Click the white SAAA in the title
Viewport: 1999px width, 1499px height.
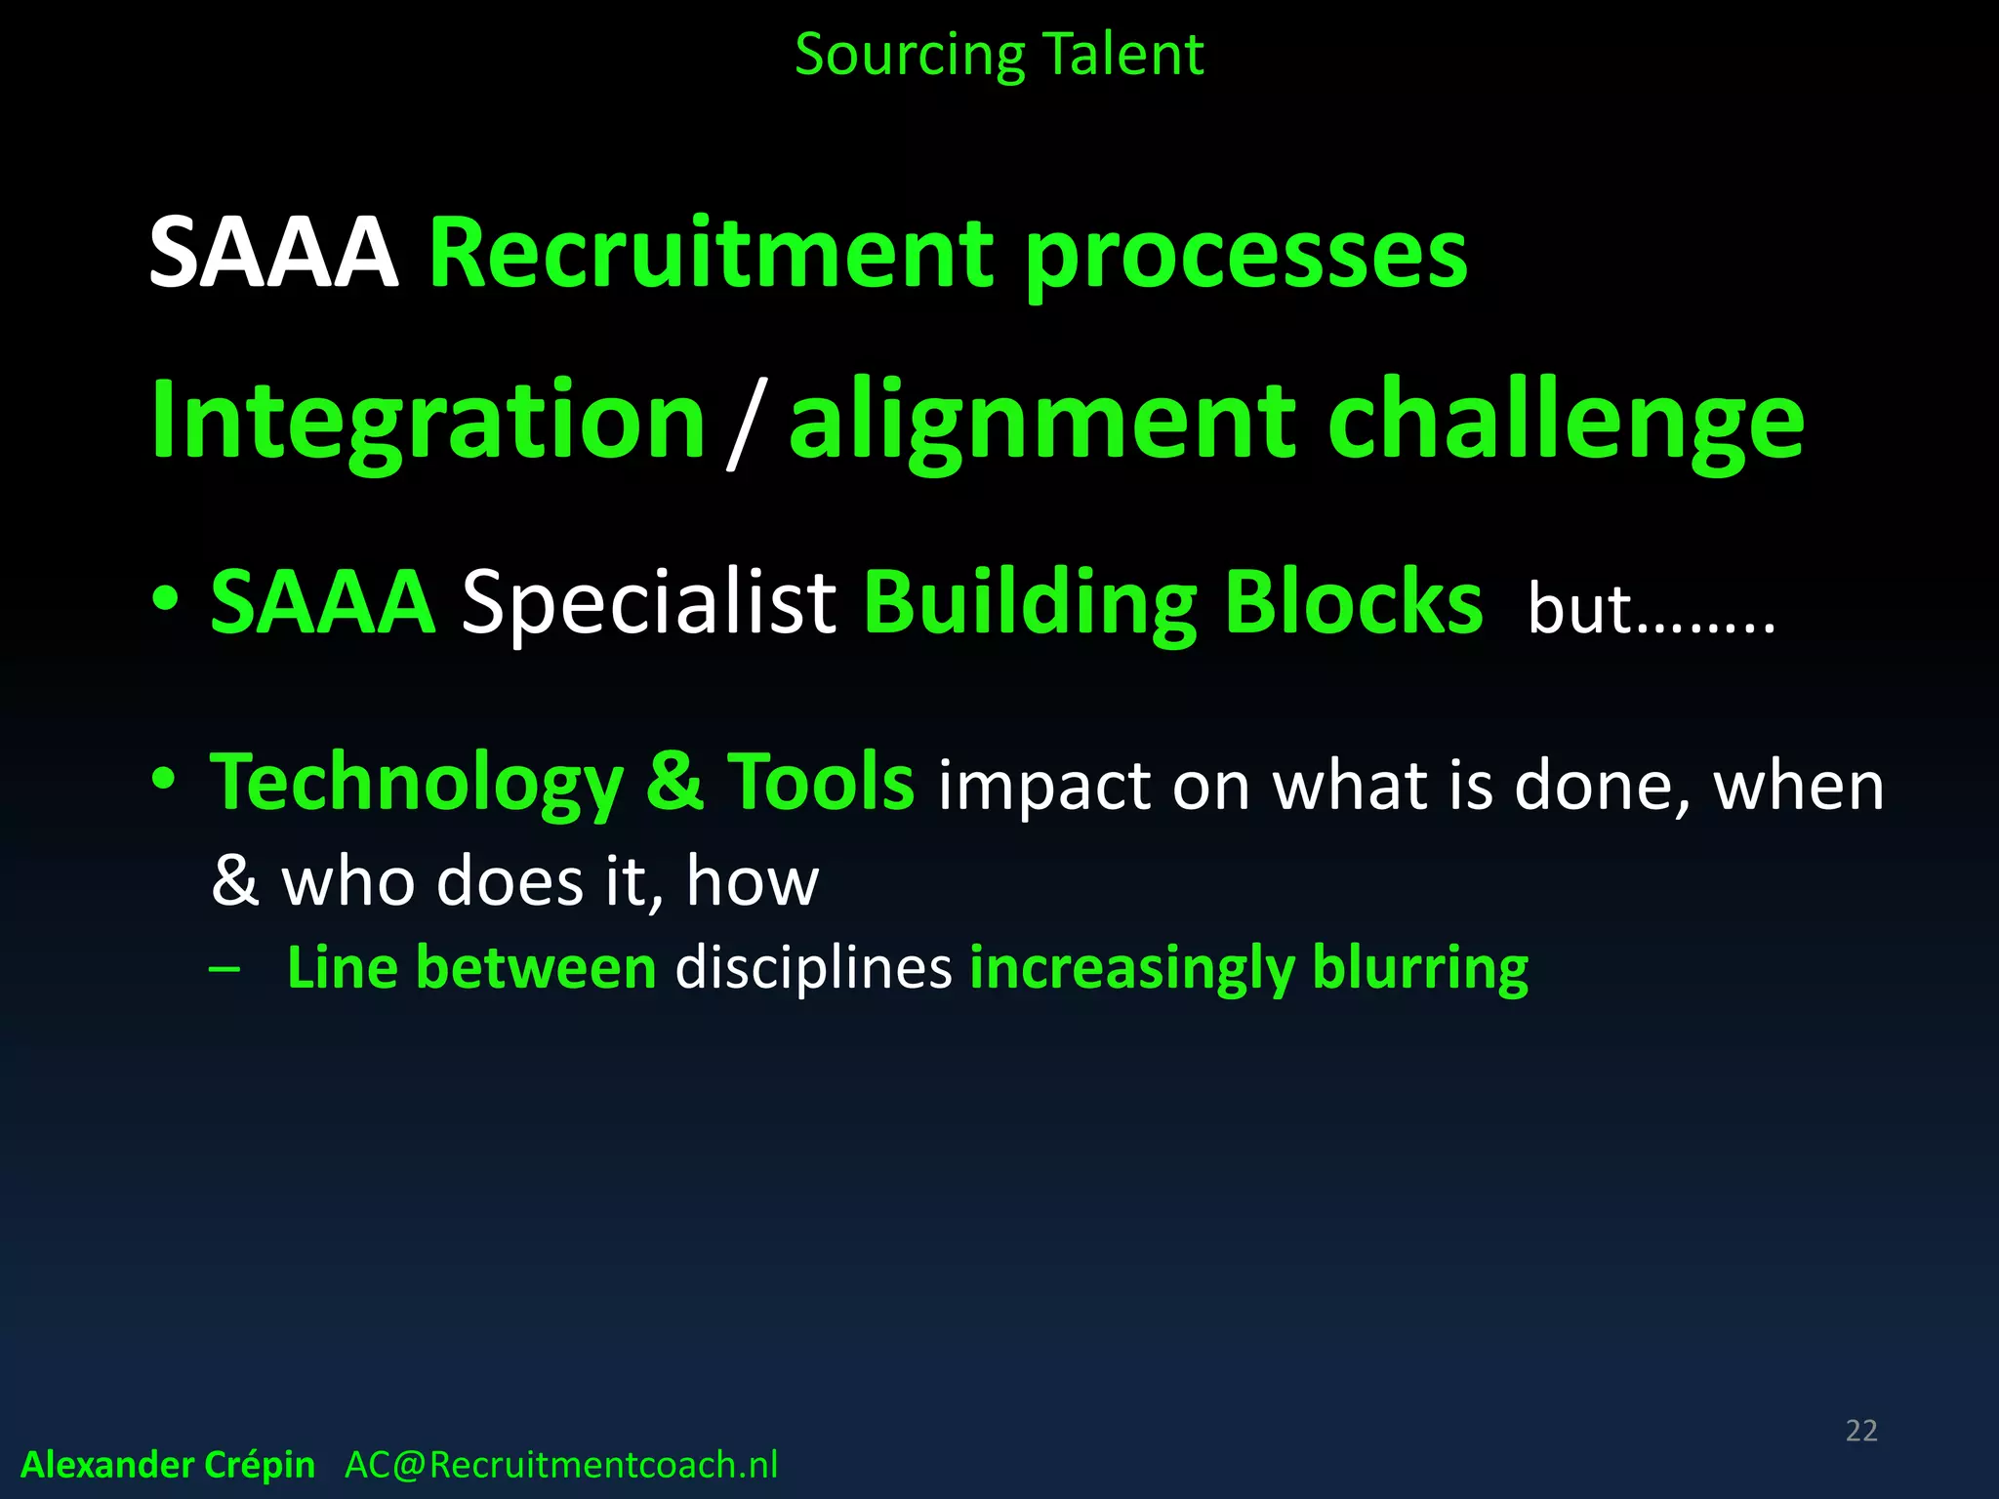click(273, 253)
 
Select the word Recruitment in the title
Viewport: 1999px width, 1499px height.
click(711, 253)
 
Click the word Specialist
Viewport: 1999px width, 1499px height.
click(648, 601)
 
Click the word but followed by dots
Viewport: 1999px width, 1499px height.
click(1650, 609)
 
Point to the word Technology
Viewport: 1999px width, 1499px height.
click(417, 783)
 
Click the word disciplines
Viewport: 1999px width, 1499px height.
click(813, 968)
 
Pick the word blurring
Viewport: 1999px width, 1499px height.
click(1420, 968)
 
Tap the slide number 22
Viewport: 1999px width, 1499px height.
click(1861, 1431)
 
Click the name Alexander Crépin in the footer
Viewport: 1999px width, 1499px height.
click(168, 1465)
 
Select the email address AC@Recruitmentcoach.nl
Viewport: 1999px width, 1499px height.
click(561, 1465)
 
